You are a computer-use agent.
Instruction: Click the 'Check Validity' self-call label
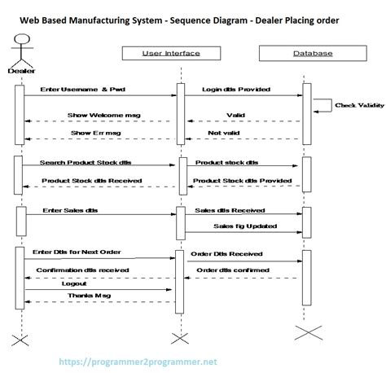[x=355, y=105]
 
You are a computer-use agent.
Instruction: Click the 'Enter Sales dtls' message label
[x=71, y=209]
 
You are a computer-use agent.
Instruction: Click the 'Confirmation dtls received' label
[x=81, y=268]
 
